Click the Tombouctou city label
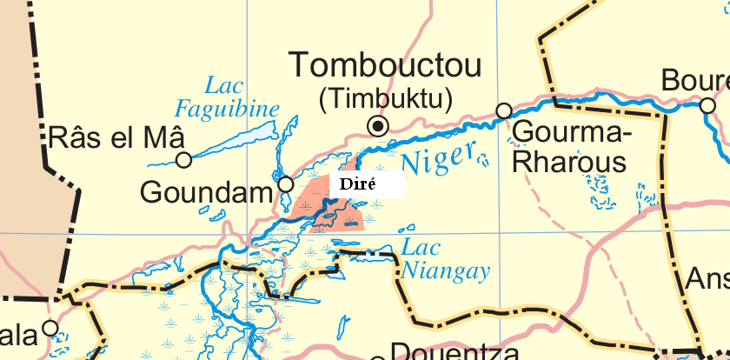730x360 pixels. click(387, 67)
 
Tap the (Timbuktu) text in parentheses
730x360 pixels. click(386, 99)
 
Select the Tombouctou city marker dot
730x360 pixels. click(377, 126)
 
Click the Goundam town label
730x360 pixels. click(207, 192)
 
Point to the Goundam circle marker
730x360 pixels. click(285, 183)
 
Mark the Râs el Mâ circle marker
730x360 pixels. click(183, 160)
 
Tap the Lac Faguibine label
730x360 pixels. click(228, 97)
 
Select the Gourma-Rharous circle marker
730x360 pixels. click(503, 110)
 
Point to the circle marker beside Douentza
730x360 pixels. click(377, 358)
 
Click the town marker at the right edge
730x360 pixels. click(707, 105)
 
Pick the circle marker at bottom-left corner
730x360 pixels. click(50, 328)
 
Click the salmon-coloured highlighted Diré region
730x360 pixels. click(309, 200)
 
